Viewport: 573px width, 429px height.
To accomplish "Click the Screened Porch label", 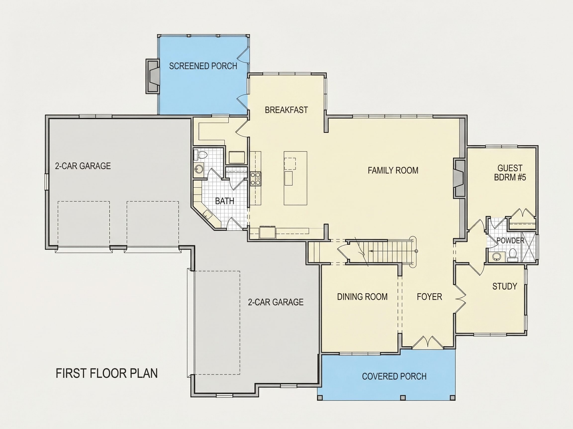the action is pyautogui.click(x=203, y=66).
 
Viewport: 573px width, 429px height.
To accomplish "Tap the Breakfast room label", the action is pyautogui.click(x=286, y=110).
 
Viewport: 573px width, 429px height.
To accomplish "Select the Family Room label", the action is pyautogui.click(x=393, y=170).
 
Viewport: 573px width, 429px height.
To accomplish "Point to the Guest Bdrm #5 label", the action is pyautogui.click(x=510, y=173).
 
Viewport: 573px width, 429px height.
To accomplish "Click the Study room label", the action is pyautogui.click(x=505, y=286).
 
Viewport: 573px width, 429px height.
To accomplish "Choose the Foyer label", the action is pyautogui.click(x=429, y=297).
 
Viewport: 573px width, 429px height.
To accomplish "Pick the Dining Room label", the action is pyautogui.click(x=362, y=297).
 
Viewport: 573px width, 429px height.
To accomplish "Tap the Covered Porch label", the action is pyautogui.click(x=394, y=376).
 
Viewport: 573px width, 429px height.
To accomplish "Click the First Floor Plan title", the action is pyautogui.click(x=107, y=373).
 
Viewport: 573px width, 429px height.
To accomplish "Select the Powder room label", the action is pyautogui.click(x=510, y=241).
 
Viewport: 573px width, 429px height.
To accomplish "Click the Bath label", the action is pyautogui.click(x=225, y=201).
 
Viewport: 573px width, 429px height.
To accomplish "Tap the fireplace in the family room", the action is pyautogui.click(x=459, y=179).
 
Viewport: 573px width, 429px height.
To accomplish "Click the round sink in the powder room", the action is pyautogui.click(x=496, y=256).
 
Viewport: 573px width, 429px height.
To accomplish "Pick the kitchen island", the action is pyautogui.click(x=295, y=178).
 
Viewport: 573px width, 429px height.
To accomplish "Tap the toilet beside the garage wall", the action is pyautogui.click(x=201, y=155).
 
